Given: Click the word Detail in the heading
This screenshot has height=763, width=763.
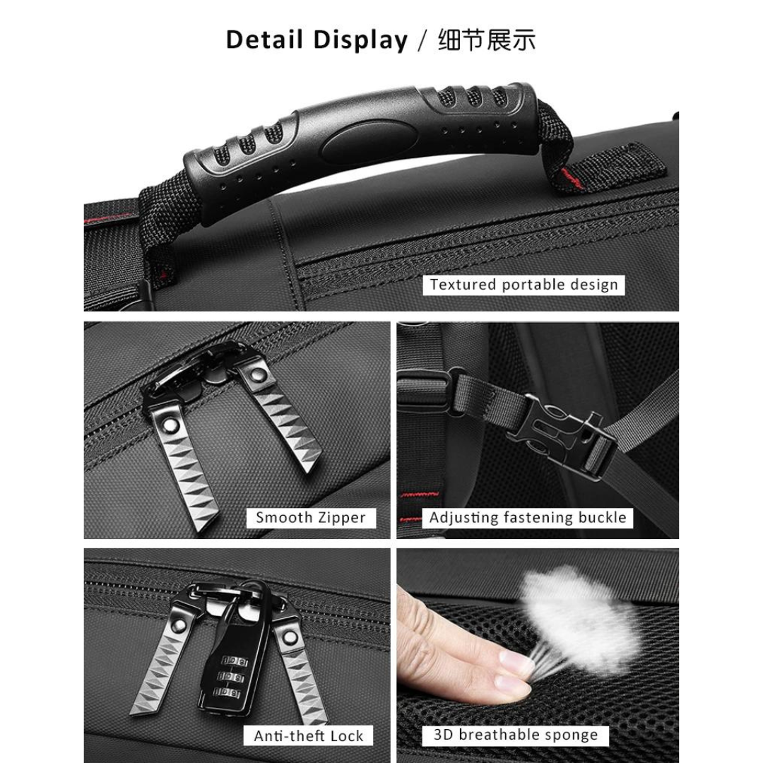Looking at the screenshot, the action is [x=264, y=40].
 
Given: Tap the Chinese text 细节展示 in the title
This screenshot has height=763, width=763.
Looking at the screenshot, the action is [x=486, y=40].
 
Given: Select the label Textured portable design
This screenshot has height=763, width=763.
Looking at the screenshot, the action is [x=524, y=285].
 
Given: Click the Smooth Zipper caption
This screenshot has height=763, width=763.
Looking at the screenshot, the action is [x=310, y=517].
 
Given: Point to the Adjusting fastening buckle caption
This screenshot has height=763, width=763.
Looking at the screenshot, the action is [x=528, y=517].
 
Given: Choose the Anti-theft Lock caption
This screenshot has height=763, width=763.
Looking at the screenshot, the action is [x=309, y=735].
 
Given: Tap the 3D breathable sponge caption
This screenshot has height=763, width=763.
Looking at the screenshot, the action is [x=515, y=734].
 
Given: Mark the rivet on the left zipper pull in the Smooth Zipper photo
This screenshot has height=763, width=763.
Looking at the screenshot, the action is [x=171, y=425].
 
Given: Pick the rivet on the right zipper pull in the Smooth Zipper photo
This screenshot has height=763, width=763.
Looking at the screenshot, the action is [x=257, y=374].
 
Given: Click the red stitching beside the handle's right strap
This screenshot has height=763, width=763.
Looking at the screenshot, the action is [x=571, y=179].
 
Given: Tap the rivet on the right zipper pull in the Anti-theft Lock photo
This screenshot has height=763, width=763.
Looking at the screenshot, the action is [x=290, y=637].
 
